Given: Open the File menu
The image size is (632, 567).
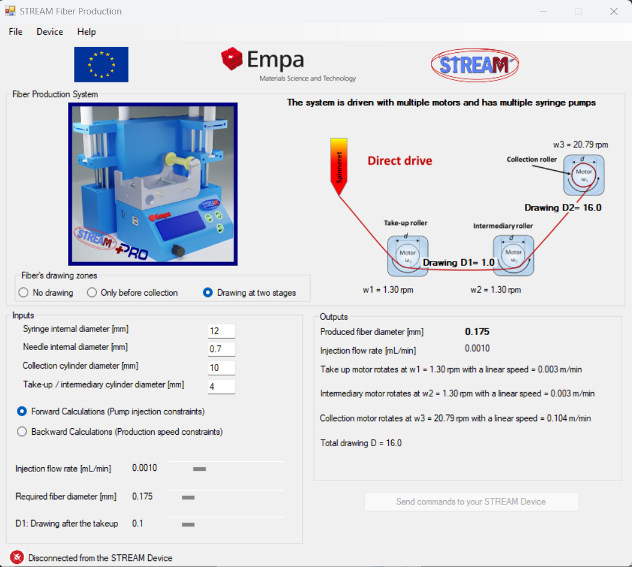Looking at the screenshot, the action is pyautogui.click(x=16, y=32).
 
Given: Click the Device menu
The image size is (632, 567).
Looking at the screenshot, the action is pyautogui.click(x=49, y=32).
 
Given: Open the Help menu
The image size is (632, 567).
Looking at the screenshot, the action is pyautogui.click(x=86, y=32).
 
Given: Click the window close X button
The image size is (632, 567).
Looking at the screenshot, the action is pyautogui.click(x=613, y=11).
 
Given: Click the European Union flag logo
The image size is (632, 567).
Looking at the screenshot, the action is pyautogui.click(x=101, y=64).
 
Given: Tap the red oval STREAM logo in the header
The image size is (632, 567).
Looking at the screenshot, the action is pyautogui.click(x=475, y=65).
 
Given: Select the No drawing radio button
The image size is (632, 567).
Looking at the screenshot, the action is pyautogui.click(x=23, y=292).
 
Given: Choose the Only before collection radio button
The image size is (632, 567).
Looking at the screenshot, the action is pyautogui.click(x=92, y=292).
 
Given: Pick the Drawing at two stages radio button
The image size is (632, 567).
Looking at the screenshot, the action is pyautogui.click(x=208, y=292).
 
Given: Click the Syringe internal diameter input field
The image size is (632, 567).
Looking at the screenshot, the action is pyautogui.click(x=222, y=331).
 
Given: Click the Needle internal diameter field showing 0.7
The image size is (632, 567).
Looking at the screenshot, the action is pyautogui.click(x=222, y=349).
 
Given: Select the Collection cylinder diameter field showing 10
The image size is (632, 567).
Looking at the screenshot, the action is pyautogui.click(x=222, y=367).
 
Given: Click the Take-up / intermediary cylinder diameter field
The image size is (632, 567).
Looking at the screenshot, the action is pyautogui.click(x=222, y=387).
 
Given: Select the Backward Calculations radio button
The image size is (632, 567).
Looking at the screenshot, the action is pyautogui.click(x=22, y=432).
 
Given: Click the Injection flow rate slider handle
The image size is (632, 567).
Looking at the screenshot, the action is pyautogui.click(x=199, y=469).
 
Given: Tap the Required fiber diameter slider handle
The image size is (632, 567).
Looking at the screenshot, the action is pyautogui.click(x=188, y=497).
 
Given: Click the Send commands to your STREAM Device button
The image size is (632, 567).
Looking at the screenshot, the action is pyautogui.click(x=471, y=502).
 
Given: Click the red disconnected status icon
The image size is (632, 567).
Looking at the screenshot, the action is pyautogui.click(x=17, y=557).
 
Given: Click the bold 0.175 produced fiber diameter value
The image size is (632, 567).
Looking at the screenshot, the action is pyautogui.click(x=477, y=331).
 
